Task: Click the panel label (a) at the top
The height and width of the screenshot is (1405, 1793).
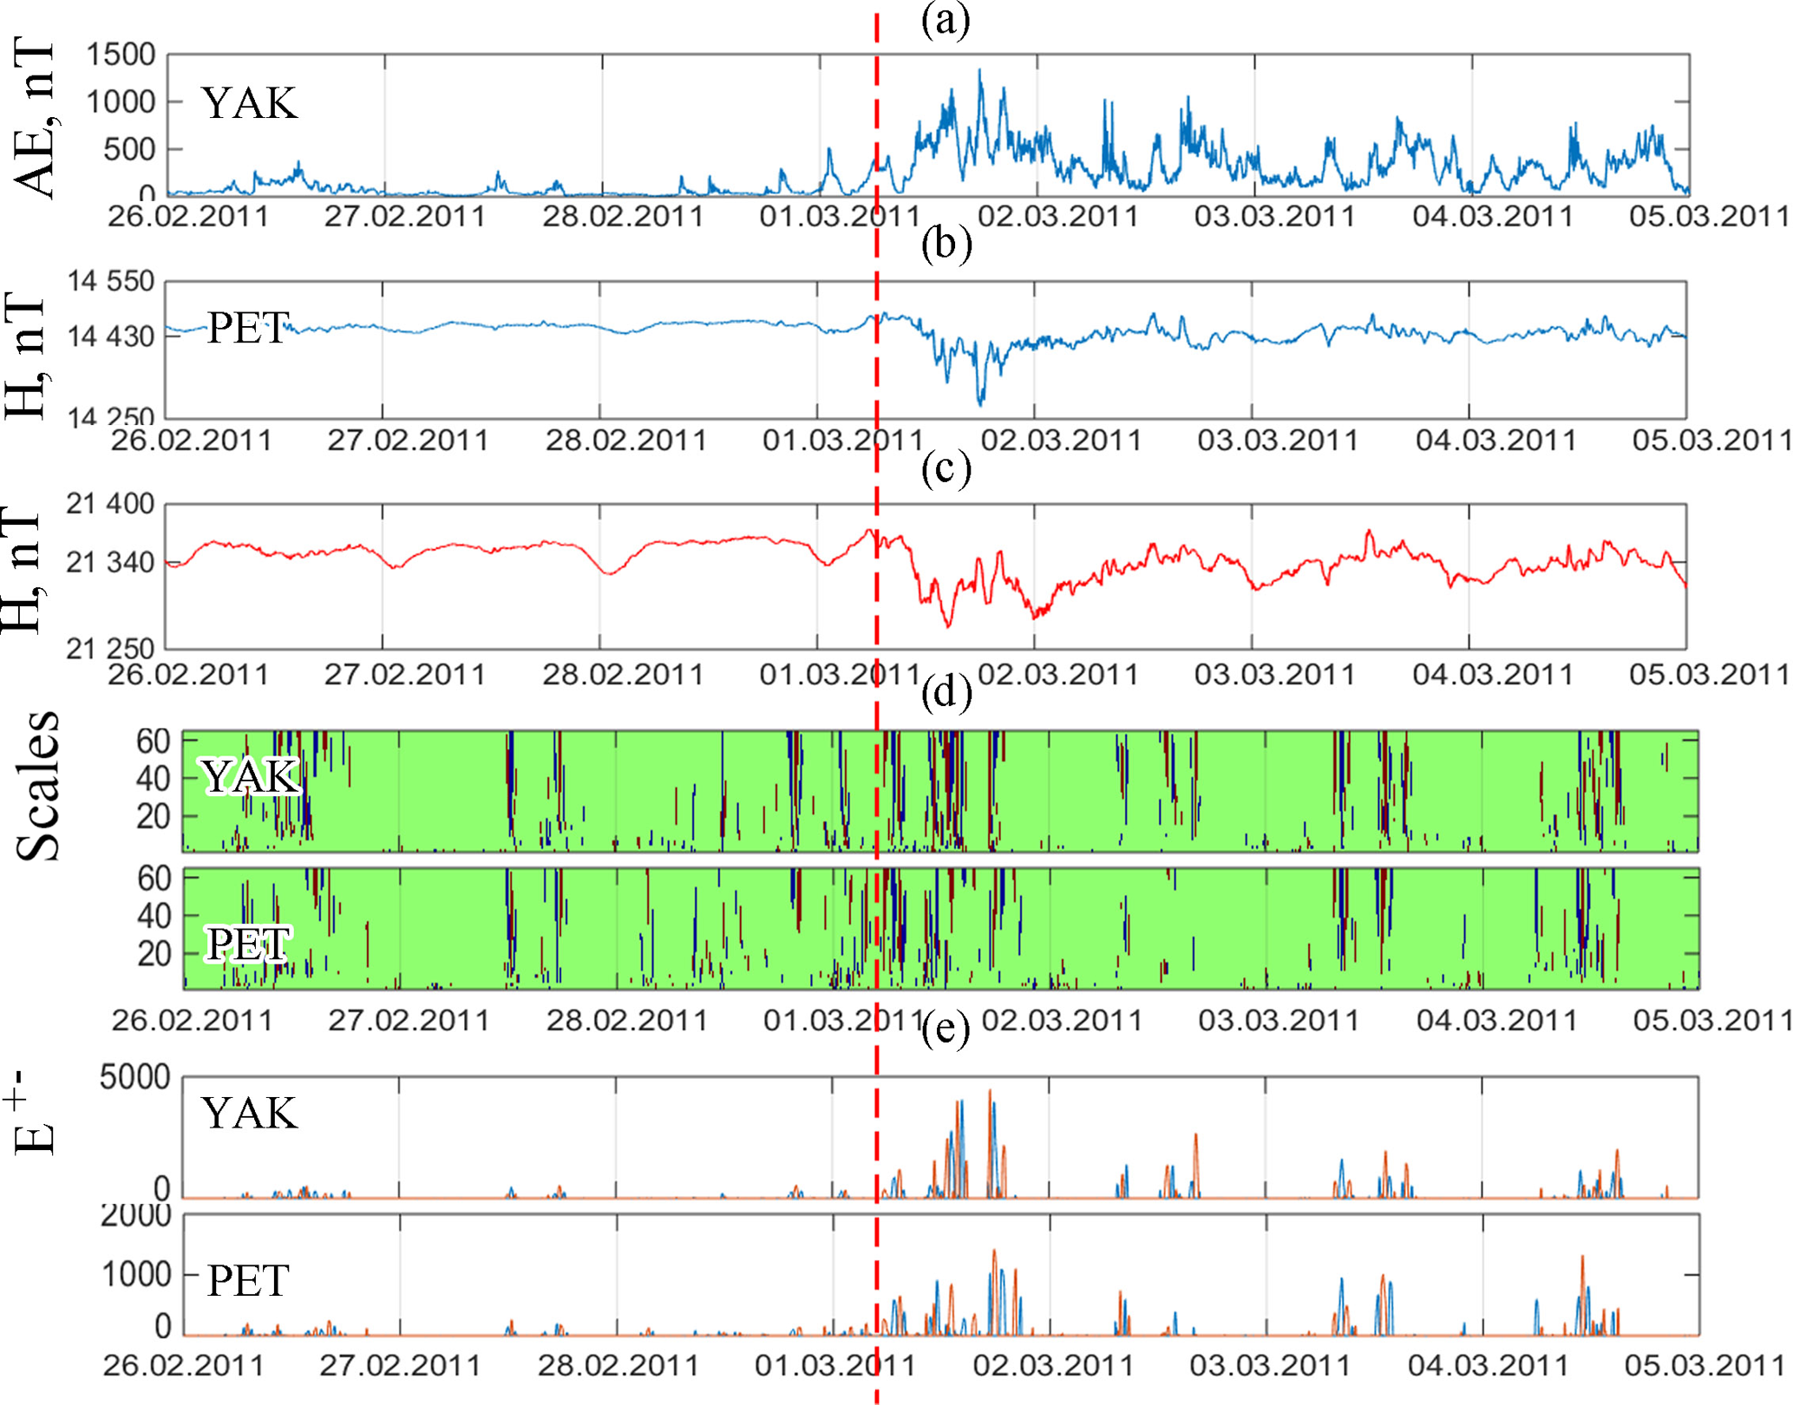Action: click(945, 20)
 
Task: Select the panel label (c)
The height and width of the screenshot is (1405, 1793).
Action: click(946, 468)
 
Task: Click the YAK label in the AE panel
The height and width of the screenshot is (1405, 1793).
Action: click(249, 103)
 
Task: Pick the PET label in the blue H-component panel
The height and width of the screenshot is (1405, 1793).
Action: click(247, 329)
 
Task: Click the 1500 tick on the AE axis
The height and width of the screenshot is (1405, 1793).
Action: click(121, 55)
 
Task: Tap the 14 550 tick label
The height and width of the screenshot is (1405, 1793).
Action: click(111, 281)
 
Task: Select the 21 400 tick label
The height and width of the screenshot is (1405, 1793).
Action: click(110, 503)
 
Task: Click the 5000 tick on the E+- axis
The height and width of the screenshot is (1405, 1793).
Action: click(134, 1077)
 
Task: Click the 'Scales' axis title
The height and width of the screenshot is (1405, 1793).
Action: click(39, 786)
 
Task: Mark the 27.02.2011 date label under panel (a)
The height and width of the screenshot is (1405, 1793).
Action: click(404, 215)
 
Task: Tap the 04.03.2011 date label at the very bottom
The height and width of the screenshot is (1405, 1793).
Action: click(1488, 1365)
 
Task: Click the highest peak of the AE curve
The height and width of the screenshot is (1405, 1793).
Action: click(980, 71)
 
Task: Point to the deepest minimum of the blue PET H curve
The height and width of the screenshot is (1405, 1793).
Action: click(981, 403)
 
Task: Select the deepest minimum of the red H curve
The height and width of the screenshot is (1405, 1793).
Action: click(948, 624)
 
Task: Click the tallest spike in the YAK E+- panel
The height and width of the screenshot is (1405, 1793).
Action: click(990, 1091)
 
